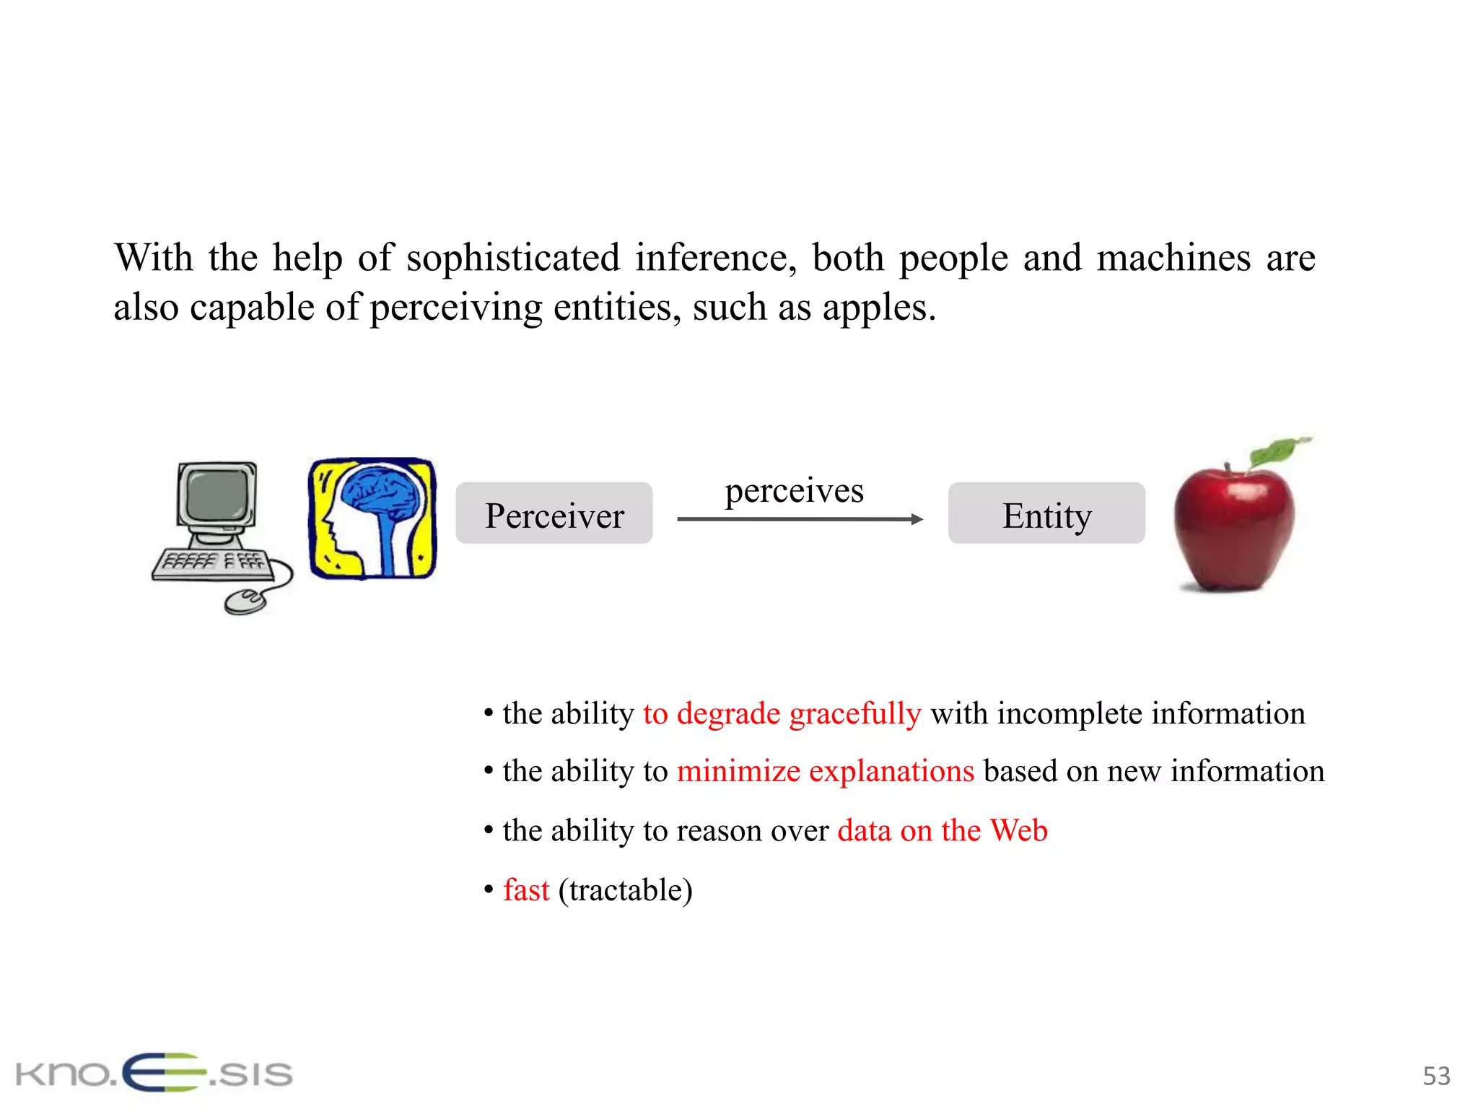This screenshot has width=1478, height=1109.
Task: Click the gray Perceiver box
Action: click(554, 513)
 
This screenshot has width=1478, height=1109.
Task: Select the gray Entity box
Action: click(1046, 513)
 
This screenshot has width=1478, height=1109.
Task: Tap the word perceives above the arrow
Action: click(794, 490)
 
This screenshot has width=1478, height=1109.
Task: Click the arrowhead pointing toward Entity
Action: click(917, 519)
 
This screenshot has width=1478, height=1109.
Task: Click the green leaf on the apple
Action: click(1277, 451)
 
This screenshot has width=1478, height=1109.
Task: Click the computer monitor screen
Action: click(217, 494)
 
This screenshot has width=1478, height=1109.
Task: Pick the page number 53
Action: click(1435, 1076)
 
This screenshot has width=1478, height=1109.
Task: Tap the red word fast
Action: click(526, 890)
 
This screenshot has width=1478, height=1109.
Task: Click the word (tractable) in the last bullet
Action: click(625, 890)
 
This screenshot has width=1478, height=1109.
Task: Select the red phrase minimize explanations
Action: click(825, 771)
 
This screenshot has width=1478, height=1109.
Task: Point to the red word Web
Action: click(1018, 830)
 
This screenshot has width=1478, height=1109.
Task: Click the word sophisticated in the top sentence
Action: click(512, 258)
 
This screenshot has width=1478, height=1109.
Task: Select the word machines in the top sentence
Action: click(1173, 258)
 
